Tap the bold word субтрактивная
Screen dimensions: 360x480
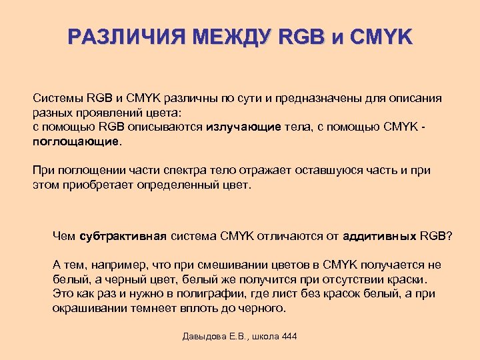click(124, 236)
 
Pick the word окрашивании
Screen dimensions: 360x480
click(89, 308)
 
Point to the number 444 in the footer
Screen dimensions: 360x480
click(289, 336)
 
